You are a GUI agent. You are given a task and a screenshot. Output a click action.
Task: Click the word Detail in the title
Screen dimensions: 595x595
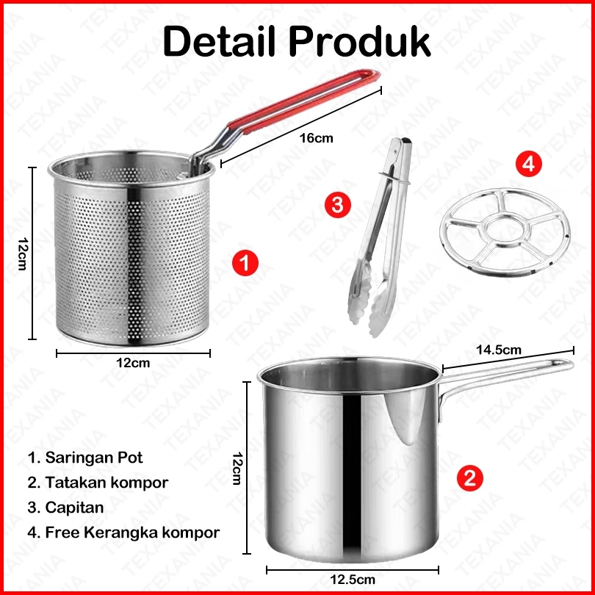point(220,41)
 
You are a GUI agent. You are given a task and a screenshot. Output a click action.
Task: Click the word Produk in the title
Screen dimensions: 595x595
point(360,41)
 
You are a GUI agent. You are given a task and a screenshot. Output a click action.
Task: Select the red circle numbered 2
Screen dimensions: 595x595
point(470,477)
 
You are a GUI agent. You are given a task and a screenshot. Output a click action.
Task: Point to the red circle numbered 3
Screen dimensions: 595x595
point(338,205)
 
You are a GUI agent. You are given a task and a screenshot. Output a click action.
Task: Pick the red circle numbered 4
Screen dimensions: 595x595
point(529,164)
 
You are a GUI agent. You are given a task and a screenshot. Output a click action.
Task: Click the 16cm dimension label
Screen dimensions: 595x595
point(316,138)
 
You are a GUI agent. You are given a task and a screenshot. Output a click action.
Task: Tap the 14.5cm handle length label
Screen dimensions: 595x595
point(499,350)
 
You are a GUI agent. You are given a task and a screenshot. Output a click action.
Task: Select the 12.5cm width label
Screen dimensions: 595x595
point(353,580)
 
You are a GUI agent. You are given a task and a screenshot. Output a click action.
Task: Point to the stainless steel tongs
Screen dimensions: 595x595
point(380,237)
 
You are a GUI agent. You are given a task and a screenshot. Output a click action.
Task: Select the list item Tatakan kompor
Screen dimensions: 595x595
point(98,483)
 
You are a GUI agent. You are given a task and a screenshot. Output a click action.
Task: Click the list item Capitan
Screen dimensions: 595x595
point(65,508)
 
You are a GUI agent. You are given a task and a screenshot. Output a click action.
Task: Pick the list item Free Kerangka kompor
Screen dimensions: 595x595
point(123,533)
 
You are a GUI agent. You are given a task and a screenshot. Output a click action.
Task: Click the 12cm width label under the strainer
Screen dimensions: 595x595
point(133,363)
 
